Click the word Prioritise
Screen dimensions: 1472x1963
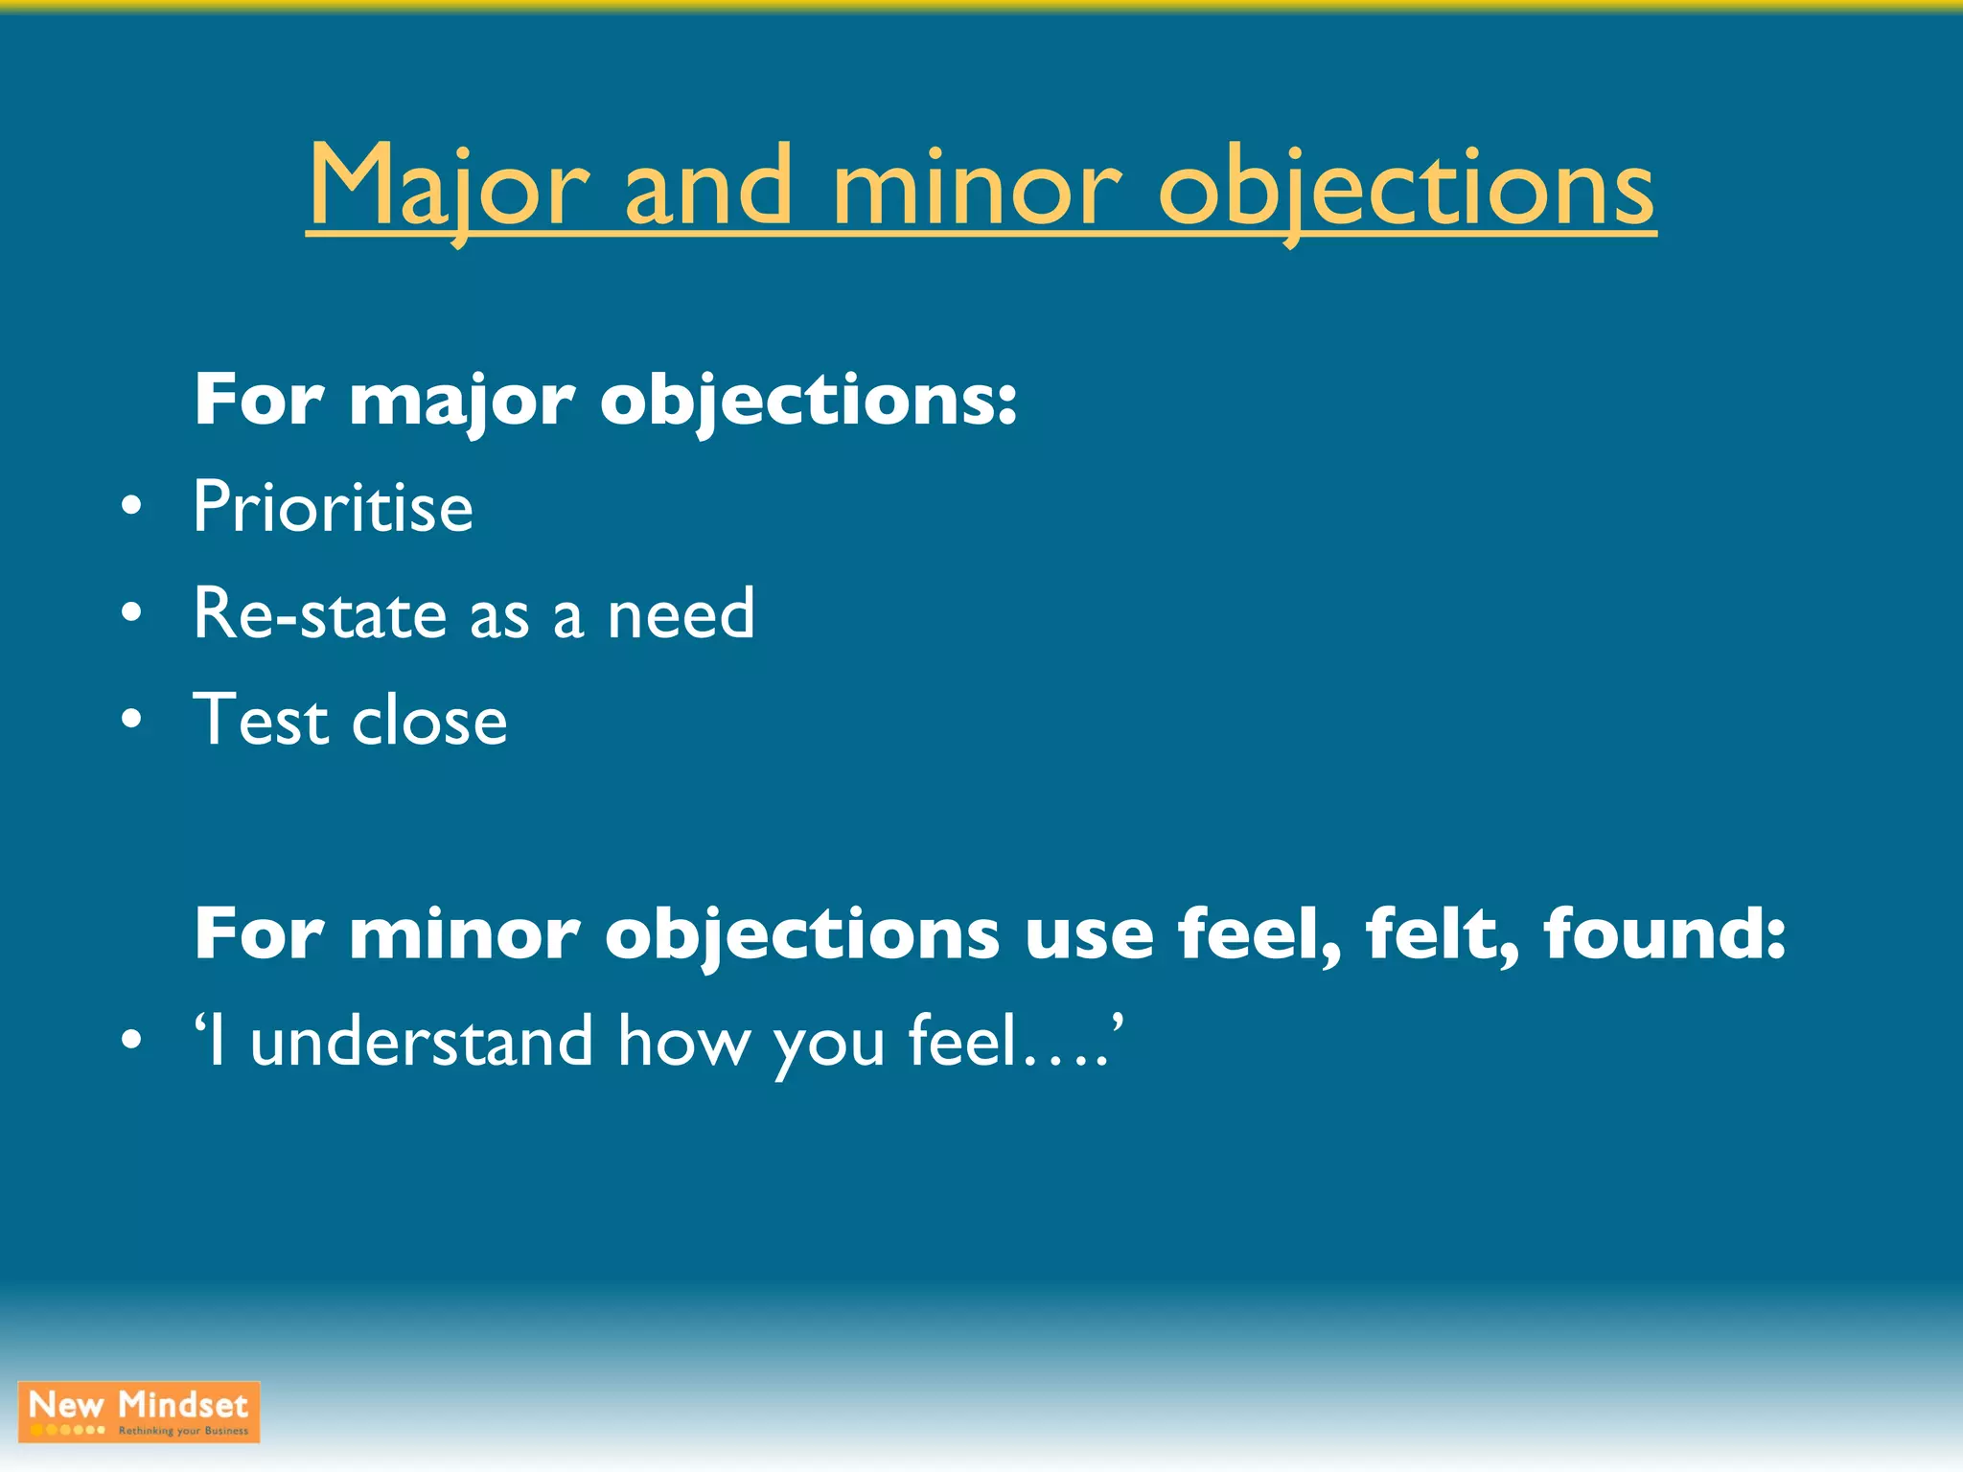click(x=333, y=507)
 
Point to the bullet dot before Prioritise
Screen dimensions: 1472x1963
click(x=132, y=505)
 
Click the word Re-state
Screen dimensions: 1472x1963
click(x=320, y=613)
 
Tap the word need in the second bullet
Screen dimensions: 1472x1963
click(x=681, y=615)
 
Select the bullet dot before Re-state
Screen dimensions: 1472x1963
click(x=132, y=611)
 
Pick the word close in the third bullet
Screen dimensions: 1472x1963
click(x=429, y=721)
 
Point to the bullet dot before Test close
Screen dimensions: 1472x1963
click(x=132, y=718)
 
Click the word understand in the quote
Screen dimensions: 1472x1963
click(x=422, y=1042)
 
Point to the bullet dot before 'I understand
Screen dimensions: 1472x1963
click(x=132, y=1039)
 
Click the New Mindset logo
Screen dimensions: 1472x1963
click(x=139, y=1411)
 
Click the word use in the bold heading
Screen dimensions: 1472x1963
click(x=1089, y=935)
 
